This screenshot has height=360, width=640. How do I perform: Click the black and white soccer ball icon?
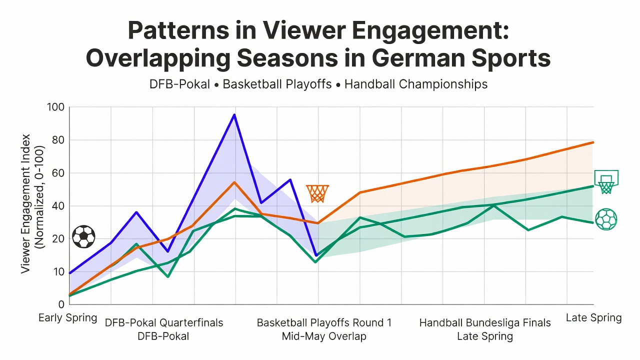(x=83, y=236)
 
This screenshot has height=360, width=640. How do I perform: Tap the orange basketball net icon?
(x=317, y=193)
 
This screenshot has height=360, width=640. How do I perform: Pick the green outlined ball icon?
(x=606, y=219)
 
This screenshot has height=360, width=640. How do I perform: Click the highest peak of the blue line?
(x=234, y=115)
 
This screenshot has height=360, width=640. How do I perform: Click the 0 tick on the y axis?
(x=61, y=304)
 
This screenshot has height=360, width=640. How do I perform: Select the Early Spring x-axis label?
(x=67, y=317)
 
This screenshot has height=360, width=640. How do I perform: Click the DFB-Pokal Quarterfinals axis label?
(x=164, y=323)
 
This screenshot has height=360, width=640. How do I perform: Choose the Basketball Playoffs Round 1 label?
(x=324, y=323)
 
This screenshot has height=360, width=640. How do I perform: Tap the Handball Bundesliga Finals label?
(x=485, y=323)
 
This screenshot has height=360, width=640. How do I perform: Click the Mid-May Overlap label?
(x=324, y=336)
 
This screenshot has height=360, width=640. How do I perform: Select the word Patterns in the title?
(x=178, y=30)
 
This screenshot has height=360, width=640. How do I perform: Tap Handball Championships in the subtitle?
(x=416, y=84)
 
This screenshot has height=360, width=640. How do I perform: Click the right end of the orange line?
(x=593, y=142)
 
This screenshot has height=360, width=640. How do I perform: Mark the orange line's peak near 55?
(x=234, y=182)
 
